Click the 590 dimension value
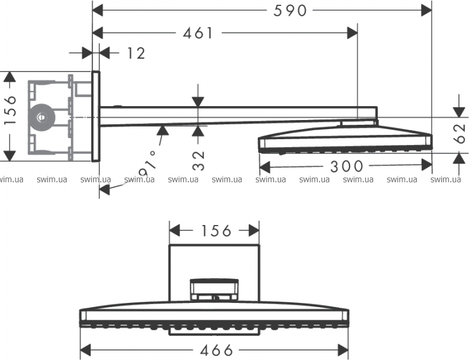(290, 11)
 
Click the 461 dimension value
(198, 33)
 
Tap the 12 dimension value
(136, 53)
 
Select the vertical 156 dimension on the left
(10, 110)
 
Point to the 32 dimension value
(198, 161)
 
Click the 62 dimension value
(460, 134)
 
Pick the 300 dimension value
(346, 166)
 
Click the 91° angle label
(148, 164)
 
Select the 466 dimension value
(217, 350)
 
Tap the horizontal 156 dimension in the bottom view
(216, 230)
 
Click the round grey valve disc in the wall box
(41, 118)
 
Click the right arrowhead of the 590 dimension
(426, 11)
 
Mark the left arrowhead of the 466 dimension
(86, 350)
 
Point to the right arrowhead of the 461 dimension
(352, 33)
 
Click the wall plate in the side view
(95, 116)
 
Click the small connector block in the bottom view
(214, 290)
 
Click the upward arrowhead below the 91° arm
(162, 130)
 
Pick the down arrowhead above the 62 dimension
(459, 112)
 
